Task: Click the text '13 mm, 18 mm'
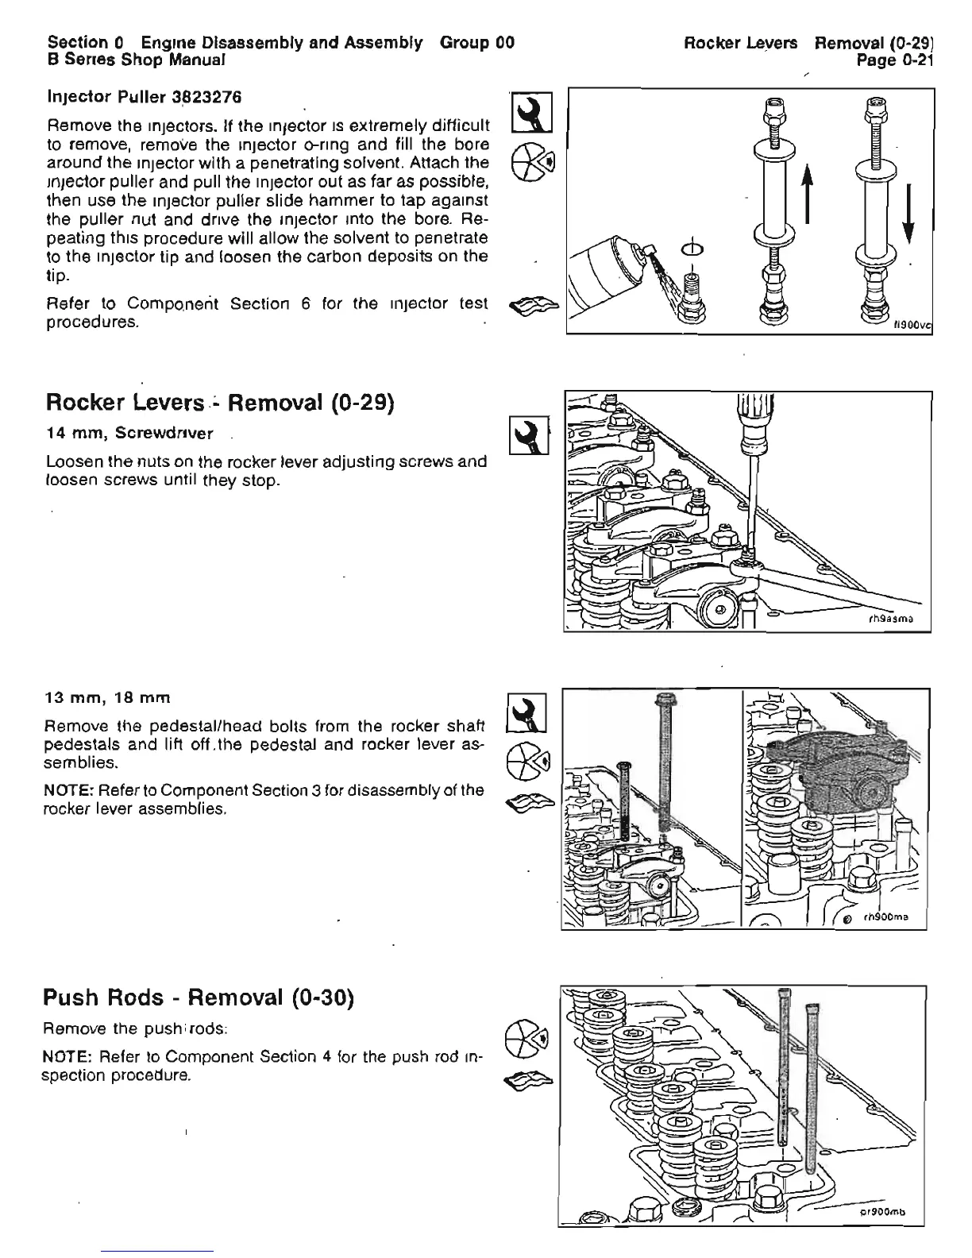(107, 698)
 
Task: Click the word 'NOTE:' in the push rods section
(67, 1057)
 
